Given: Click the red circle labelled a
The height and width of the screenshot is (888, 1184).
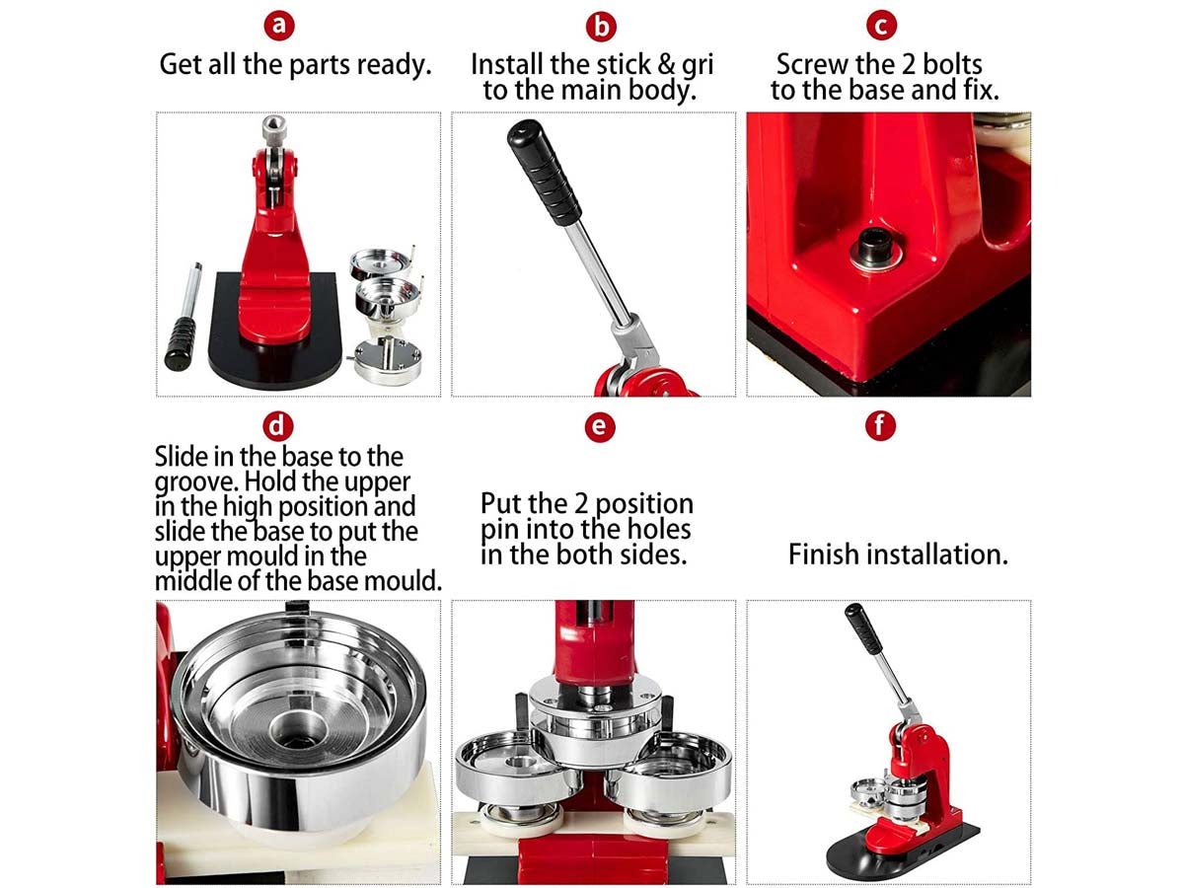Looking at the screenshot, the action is pyautogui.click(x=279, y=26).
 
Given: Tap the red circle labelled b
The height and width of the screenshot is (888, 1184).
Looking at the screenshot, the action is pyautogui.click(x=601, y=27).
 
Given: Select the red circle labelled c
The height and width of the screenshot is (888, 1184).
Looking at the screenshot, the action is pyautogui.click(x=881, y=26).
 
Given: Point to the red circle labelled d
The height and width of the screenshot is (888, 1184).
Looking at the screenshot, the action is pyautogui.click(x=278, y=426).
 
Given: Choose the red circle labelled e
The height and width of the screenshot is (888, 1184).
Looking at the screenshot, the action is pyautogui.click(x=600, y=427).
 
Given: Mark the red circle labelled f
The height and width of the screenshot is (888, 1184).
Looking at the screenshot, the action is pyautogui.click(x=880, y=425).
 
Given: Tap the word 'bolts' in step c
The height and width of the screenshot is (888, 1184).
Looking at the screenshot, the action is pyautogui.click(x=952, y=65).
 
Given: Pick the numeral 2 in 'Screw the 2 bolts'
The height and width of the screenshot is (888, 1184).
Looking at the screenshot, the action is pyautogui.click(x=909, y=65).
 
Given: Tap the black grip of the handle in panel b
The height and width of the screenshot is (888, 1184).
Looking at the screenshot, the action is pyautogui.click(x=544, y=172).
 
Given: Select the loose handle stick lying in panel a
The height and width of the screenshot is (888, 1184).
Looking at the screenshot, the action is pyautogui.click(x=184, y=316).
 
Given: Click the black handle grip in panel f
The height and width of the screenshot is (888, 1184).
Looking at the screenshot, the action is pyautogui.click(x=863, y=629).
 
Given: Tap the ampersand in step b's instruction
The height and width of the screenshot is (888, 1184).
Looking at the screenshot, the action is pyautogui.click(x=666, y=65).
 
